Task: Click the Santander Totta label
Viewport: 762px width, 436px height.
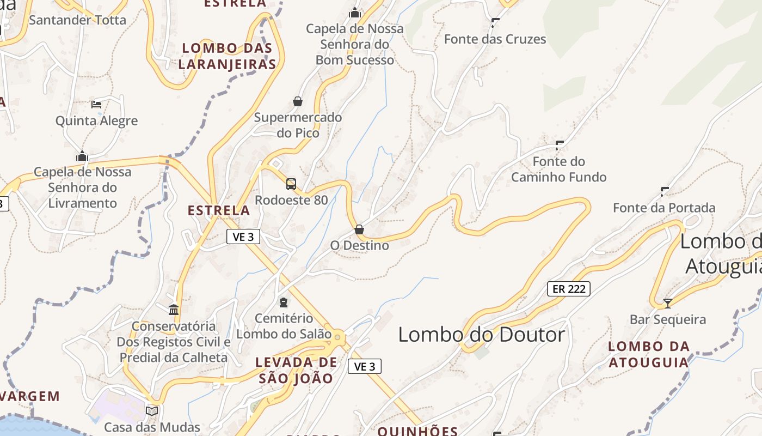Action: point(77,20)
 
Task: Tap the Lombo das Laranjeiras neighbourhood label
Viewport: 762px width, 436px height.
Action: point(227,56)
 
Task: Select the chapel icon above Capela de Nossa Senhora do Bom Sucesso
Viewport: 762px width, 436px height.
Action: point(355,12)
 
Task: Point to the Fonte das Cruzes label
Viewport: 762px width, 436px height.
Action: point(495,39)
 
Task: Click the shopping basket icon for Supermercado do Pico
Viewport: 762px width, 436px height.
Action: point(298,101)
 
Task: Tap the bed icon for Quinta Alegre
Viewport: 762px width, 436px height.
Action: point(96,104)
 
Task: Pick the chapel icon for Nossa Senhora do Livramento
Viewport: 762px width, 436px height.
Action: point(82,156)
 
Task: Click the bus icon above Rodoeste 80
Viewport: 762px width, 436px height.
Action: point(291,184)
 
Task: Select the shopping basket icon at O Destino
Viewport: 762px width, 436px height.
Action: point(359,229)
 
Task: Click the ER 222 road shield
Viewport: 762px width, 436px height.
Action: point(569,289)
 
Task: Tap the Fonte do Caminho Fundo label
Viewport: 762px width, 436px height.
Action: point(558,169)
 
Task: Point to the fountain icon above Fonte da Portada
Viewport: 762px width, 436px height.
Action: point(665,191)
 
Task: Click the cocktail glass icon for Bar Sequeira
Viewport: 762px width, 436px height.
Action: point(668,303)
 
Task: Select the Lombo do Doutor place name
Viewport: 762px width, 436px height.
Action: point(482,334)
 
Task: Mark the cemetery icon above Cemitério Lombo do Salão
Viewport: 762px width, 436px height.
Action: point(284,302)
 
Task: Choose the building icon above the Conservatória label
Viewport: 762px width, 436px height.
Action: point(174,310)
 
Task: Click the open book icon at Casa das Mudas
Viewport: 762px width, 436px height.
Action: point(152,411)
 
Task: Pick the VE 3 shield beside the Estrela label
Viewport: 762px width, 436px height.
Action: point(243,237)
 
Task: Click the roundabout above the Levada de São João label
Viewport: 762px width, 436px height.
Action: point(337,338)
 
